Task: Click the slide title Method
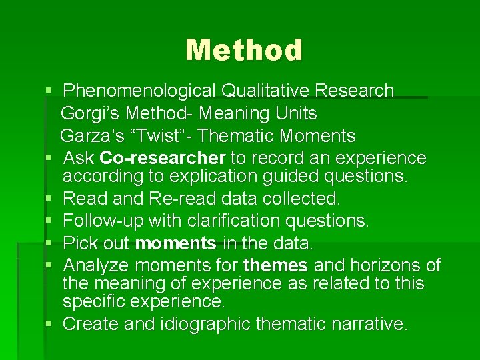(x=244, y=50)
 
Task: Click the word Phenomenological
(x=139, y=91)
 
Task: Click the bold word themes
(x=275, y=266)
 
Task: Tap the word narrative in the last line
(x=371, y=325)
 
